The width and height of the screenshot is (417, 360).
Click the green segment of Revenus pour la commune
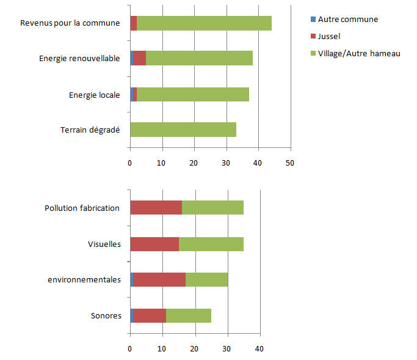(x=204, y=23)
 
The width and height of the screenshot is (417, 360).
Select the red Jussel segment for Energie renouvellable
(x=139, y=58)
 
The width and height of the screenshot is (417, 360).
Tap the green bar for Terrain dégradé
(x=183, y=130)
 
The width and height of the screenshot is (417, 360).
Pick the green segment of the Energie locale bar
(x=192, y=94)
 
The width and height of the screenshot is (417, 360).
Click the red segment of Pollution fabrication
(x=156, y=207)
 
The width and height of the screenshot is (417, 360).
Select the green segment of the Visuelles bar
(x=211, y=244)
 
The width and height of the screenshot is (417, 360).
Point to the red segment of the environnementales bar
(x=159, y=279)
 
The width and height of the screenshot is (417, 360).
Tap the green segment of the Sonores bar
(x=189, y=315)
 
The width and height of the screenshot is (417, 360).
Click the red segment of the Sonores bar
(x=150, y=315)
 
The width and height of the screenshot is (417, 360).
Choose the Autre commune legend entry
(x=347, y=19)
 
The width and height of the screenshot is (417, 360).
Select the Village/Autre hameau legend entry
(x=358, y=53)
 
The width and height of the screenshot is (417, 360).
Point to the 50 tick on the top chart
(x=291, y=163)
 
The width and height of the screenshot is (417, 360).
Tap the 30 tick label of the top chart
(x=227, y=163)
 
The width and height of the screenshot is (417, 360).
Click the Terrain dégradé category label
(x=90, y=130)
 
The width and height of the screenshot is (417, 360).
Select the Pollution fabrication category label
(x=82, y=208)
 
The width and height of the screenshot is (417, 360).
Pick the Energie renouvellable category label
(x=79, y=59)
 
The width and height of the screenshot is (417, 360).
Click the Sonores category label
(x=106, y=316)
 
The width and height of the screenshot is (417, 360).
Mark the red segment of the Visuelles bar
(x=154, y=244)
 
